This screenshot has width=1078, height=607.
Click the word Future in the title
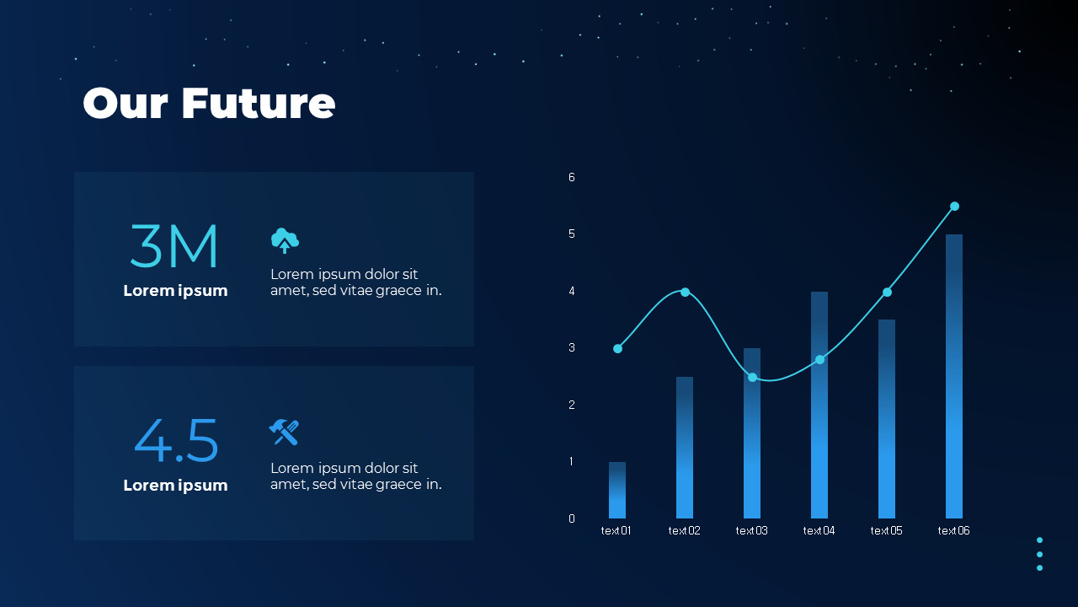tap(258, 103)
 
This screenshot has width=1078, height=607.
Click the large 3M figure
tap(174, 246)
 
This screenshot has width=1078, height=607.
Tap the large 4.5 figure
tap(176, 441)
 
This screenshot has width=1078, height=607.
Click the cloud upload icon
tap(285, 240)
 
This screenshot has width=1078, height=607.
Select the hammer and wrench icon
tap(284, 432)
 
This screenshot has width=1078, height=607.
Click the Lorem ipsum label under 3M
tap(175, 291)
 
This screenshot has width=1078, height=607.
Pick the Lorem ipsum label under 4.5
tap(175, 486)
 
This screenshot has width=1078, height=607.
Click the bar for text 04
tap(819, 405)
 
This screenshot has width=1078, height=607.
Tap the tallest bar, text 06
tap(954, 376)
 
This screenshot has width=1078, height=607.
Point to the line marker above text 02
tap(685, 292)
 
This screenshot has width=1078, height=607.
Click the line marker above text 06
tap(954, 207)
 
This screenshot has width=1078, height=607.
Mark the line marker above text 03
tap(752, 377)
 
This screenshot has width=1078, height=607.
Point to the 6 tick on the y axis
tap(572, 177)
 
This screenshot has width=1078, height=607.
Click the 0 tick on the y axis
tap(572, 518)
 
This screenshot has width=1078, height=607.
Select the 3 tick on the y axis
tap(572, 347)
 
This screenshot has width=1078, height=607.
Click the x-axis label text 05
tap(886, 530)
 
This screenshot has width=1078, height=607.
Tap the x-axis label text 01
tap(616, 530)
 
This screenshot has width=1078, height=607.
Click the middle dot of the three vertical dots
tap(1039, 554)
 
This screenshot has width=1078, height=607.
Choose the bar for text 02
tap(685, 448)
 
